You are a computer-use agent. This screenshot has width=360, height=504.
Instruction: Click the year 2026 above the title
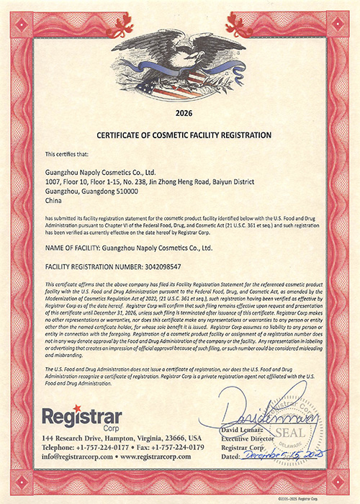point(180,113)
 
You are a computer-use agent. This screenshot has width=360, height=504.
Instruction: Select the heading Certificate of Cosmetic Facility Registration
point(179,135)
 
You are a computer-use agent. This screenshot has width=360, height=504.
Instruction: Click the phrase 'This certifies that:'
point(69,154)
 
